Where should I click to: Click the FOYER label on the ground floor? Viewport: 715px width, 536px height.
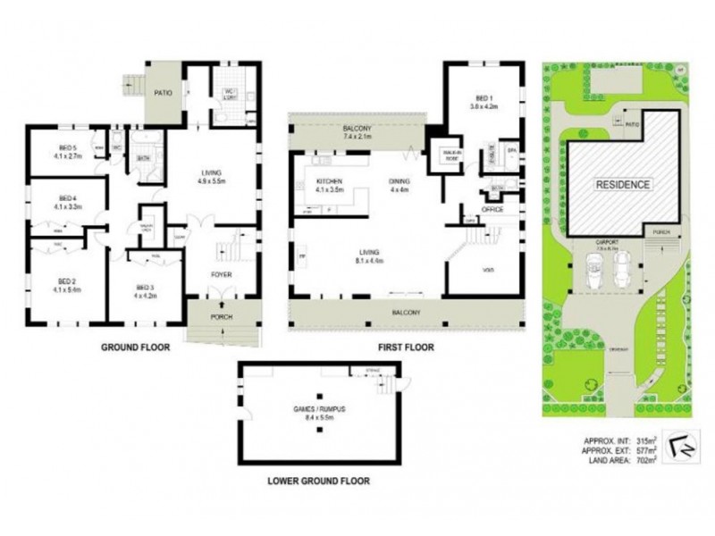220,274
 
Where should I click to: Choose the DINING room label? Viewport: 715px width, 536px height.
398,182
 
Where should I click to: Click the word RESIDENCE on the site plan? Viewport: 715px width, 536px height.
624,185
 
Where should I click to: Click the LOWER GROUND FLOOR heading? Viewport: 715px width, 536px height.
318,481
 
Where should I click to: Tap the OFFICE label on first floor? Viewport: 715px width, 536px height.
492,209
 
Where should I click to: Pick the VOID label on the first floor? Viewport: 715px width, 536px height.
488,269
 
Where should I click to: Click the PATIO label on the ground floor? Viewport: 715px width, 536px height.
163,89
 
